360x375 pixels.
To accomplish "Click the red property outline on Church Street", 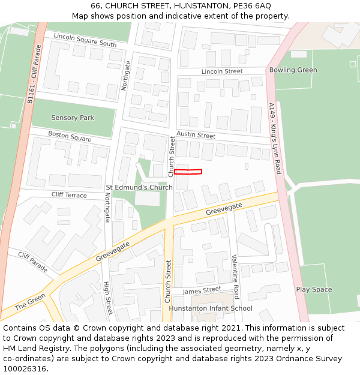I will [188, 172].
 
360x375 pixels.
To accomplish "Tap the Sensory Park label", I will [73, 118].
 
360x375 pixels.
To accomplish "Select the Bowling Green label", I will [293, 70].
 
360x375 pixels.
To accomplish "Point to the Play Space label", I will [314, 289].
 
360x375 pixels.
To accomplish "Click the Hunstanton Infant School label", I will [211, 308].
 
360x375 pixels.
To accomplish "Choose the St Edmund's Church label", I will [139, 187].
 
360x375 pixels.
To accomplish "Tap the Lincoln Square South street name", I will [85, 40].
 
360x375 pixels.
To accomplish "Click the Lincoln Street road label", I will [222, 71].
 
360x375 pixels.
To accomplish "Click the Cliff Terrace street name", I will [69, 195].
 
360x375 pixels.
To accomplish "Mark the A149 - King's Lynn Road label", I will [275, 139].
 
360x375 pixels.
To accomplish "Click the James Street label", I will [202, 290].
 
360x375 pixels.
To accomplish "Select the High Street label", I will [108, 298].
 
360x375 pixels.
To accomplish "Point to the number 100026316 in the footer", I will [25, 368].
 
